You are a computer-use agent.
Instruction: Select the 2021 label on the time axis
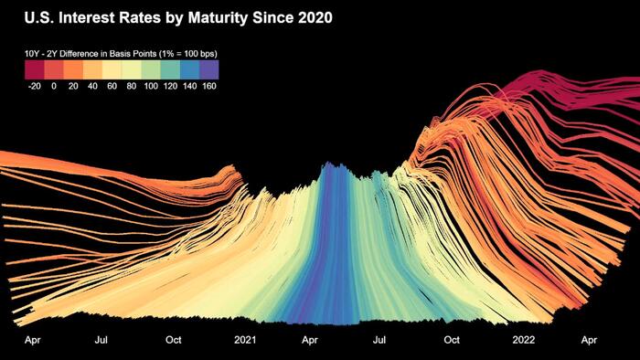[245, 340]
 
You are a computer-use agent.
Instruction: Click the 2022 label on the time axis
[523, 340]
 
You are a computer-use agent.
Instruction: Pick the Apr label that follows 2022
[589, 340]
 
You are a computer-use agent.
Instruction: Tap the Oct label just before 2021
[174, 340]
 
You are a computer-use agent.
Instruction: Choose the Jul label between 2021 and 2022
[379, 340]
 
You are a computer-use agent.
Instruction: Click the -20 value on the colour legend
[34, 86]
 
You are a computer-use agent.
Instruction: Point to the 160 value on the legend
[209, 86]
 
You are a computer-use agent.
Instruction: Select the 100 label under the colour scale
[151, 86]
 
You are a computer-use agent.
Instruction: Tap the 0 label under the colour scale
[54, 86]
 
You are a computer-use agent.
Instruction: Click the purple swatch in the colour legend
[209, 69]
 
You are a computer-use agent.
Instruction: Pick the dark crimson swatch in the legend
[35, 69]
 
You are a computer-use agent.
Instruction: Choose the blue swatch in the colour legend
[190, 69]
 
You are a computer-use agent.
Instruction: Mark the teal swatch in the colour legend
[170, 69]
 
